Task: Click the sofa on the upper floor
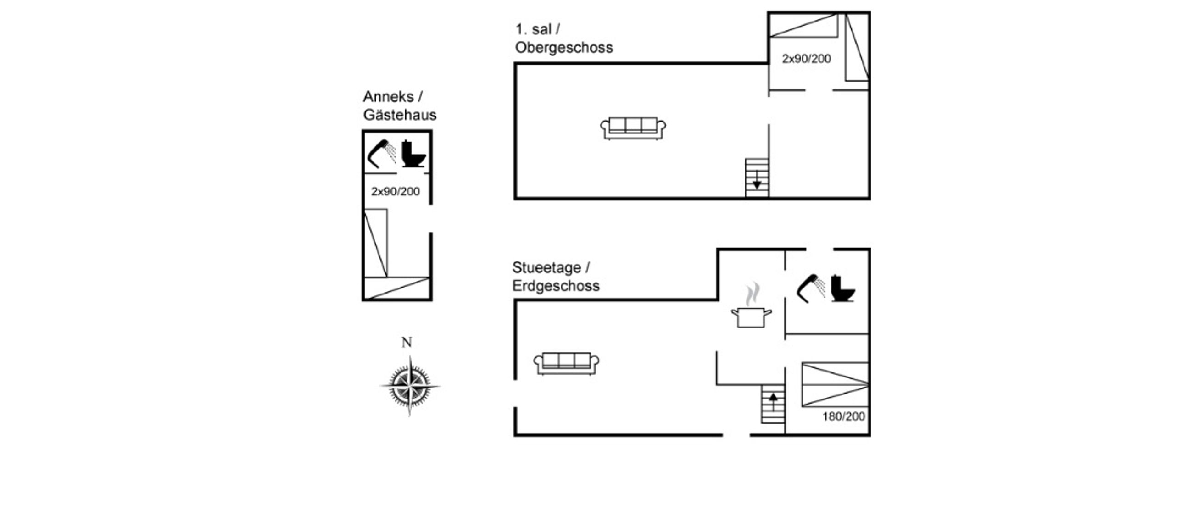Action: [x=633, y=128]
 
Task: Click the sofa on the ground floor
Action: [x=566, y=363]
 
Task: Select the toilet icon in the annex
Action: [x=413, y=154]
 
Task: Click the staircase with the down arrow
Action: [x=757, y=178]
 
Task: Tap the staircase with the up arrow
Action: [x=773, y=404]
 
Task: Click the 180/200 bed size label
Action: [x=843, y=416]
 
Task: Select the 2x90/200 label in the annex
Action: [x=395, y=191]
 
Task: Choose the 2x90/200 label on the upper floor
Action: [x=806, y=59]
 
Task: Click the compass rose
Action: [x=410, y=385]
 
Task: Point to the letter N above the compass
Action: [x=407, y=342]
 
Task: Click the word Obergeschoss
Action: [x=563, y=48]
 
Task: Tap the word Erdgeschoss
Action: [x=556, y=286]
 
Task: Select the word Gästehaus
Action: [x=400, y=115]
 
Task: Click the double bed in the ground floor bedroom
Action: [x=835, y=384]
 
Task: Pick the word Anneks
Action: [x=388, y=97]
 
